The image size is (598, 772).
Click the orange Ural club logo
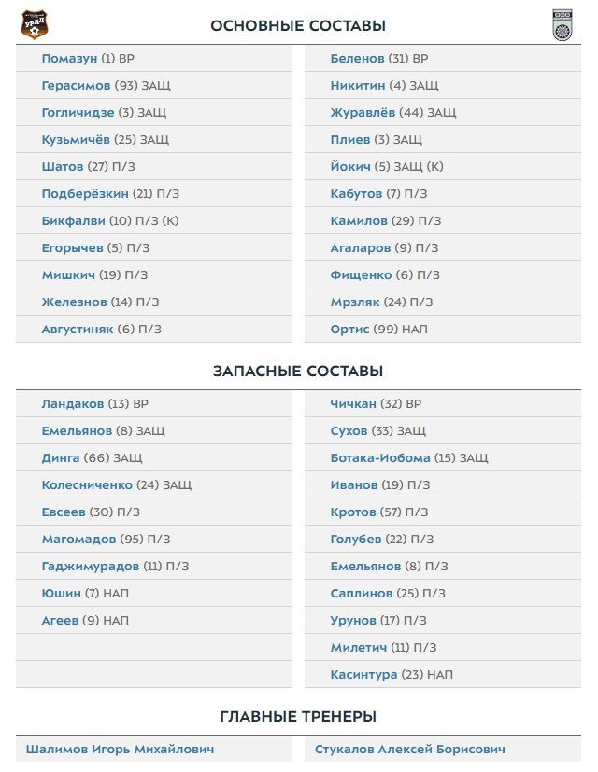click(x=35, y=23)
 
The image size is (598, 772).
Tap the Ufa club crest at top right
click(x=562, y=25)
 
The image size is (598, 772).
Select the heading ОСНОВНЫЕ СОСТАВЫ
click(x=298, y=26)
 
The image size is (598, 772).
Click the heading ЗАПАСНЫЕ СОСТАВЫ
click(x=298, y=371)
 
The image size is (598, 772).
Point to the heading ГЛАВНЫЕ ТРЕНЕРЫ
click(x=298, y=716)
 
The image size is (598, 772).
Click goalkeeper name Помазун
click(x=69, y=58)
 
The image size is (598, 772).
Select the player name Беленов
click(x=357, y=58)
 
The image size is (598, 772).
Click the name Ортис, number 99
click(x=349, y=329)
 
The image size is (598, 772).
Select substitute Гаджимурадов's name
click(x=90, y=566)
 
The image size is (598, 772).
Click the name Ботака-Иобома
click(x=380, y=457)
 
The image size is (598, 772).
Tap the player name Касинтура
click(x=363, y=674)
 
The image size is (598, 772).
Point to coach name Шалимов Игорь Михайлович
click(x=120, y=750)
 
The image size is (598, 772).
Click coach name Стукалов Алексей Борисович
click(x=410, y=750)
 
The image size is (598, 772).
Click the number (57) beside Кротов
click(x=391, y=512)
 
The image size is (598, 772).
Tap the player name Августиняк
click(x=77, y=329)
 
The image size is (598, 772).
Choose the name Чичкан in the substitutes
click(x=353, y=403)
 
